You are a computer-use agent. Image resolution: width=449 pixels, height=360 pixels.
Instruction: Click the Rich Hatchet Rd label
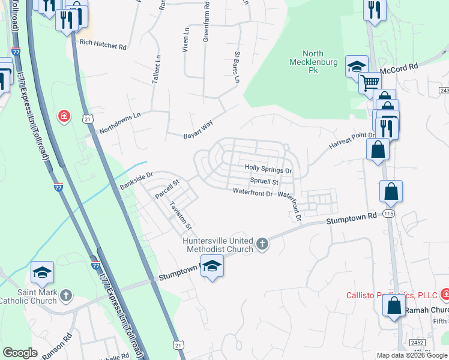[103, 46]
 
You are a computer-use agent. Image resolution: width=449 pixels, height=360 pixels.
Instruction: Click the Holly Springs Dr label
[268, 170]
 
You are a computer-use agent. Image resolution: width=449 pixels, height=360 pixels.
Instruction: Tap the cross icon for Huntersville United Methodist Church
[262, 244]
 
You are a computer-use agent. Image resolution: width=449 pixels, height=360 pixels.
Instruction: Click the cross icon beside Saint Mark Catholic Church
[66, 295]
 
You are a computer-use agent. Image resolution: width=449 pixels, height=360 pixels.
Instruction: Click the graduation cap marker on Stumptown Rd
[212, 265]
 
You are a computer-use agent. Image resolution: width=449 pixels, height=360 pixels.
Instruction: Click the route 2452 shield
[418, 342]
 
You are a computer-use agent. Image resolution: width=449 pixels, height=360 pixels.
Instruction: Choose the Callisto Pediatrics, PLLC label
[391, 295]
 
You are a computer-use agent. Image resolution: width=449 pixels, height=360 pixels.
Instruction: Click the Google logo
[20, 353]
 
